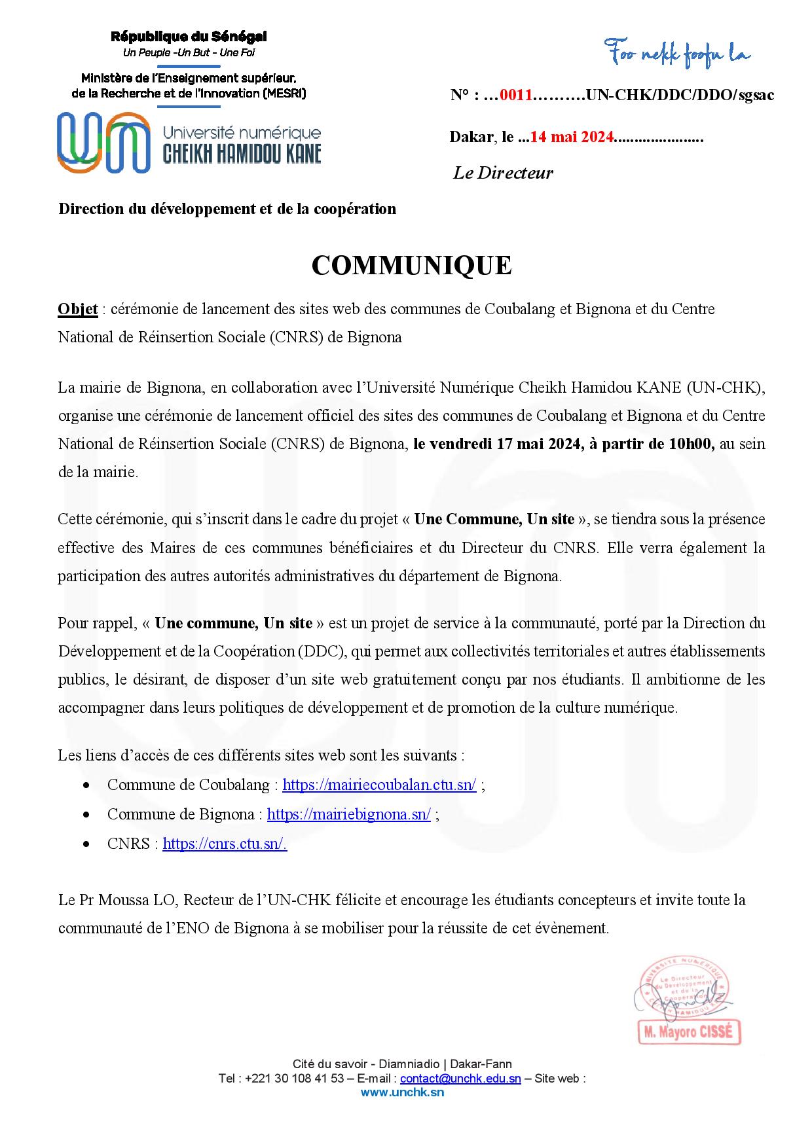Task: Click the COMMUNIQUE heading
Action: point(411,265)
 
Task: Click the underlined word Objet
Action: point(78,309)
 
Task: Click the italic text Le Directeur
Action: point(503,173)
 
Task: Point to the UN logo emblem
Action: point(102,142)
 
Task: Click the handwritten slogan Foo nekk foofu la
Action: point(677,52)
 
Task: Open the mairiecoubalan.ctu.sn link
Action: point(379,785)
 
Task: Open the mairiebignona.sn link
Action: point(348,814)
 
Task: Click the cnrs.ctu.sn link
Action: point(225,844)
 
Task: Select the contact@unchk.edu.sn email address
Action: point(460,1079)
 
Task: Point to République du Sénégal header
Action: point(189,37)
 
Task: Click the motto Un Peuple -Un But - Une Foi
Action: point(189,52)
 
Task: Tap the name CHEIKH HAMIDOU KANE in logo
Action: point(242,153)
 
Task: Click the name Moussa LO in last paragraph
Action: point(144,900)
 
